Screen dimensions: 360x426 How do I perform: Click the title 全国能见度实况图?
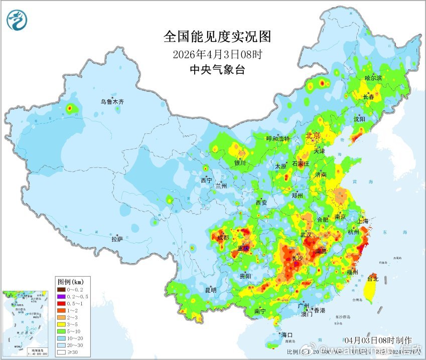point(217,37)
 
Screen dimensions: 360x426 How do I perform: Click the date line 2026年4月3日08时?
point(217,54)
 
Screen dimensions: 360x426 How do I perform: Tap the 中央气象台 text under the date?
point(217,70)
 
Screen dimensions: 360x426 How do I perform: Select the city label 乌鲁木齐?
point(111,102)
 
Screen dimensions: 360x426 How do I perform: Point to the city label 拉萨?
point(117,239)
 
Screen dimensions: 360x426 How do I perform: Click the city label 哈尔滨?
point(373,78)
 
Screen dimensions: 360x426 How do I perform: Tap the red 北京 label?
point(314,135)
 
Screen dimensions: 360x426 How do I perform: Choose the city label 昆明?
point(211,290)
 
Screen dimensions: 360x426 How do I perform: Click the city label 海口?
point(286,334)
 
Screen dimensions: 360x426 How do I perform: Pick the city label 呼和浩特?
point(277,139)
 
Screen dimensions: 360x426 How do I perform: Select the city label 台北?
point(373,278)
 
